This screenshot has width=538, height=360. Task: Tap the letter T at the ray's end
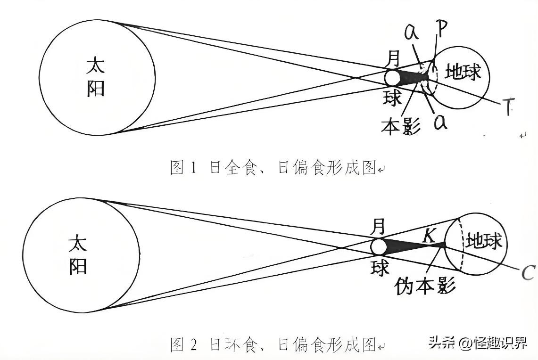[x=507, y=107]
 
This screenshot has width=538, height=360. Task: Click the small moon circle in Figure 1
[x=391, y=77]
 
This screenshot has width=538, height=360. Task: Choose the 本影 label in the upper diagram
[x=400, y=126]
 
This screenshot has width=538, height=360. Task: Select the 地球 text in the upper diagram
[x=464, y=73]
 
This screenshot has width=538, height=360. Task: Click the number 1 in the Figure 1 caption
[x=193, y=168]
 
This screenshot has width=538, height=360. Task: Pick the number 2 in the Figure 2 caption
[x=193, y=345]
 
